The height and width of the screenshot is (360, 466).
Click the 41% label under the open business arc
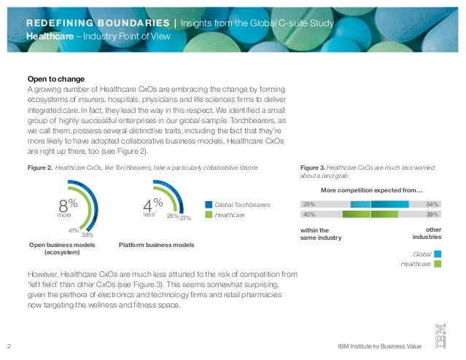(74, 230)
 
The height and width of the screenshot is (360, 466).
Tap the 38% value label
(87, 235)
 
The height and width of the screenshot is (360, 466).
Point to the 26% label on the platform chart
(172, 216)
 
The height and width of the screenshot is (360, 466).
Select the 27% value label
(185, 217)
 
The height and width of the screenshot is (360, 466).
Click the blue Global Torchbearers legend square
(209, 206)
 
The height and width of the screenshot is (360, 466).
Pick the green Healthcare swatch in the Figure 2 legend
(209, 216)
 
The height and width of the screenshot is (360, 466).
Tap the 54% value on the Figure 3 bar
(432, 205)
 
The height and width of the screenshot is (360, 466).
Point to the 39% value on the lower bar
(432, 215)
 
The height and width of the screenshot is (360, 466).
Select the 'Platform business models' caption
(156, 245)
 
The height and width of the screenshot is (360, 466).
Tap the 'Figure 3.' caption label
(313, 167)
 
